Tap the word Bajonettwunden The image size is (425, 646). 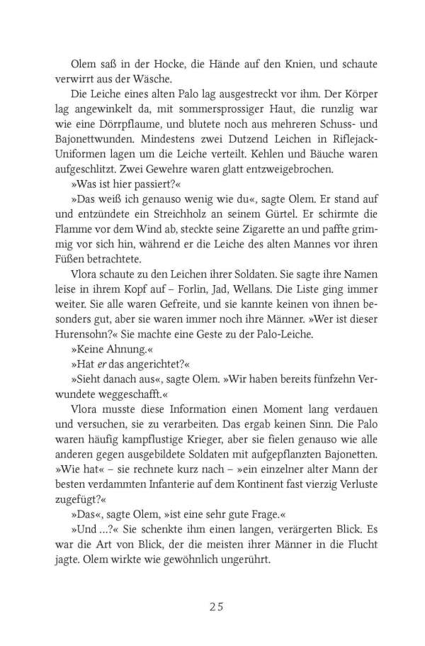coord(96,140)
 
